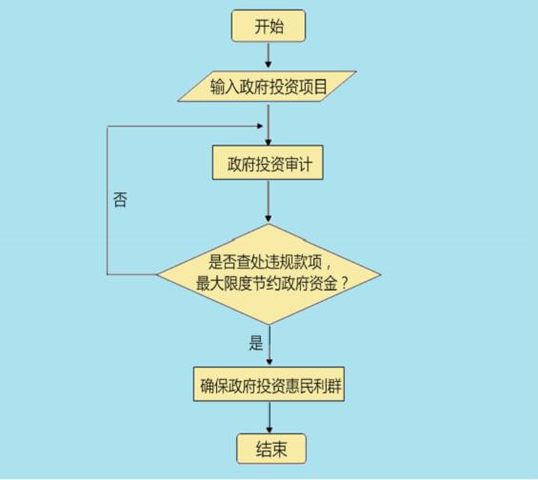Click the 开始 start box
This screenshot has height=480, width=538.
[269, 26]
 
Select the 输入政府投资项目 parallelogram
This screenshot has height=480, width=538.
[267, 86]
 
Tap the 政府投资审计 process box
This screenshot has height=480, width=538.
[268, 163]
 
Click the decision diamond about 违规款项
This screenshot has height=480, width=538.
[269, 274]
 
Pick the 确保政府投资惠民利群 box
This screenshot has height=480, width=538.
[269, 384]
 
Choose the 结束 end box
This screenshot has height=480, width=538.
[271, 449]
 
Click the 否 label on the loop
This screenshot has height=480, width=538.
[120, 199]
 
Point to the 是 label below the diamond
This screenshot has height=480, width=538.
[256, 343]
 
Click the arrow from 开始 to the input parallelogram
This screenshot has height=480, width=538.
[269, 55]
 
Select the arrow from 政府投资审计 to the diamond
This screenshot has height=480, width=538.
[269, 201]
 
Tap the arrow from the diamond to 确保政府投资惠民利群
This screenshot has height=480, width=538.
[269, 345]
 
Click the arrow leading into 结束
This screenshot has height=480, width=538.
[269, 417]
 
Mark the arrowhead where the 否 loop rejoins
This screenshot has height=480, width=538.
[260, 127]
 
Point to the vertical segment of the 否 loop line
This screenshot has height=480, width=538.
[108, 200]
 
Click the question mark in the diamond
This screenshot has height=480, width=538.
[345, 283]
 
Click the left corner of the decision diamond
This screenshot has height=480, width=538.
[156, 274]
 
